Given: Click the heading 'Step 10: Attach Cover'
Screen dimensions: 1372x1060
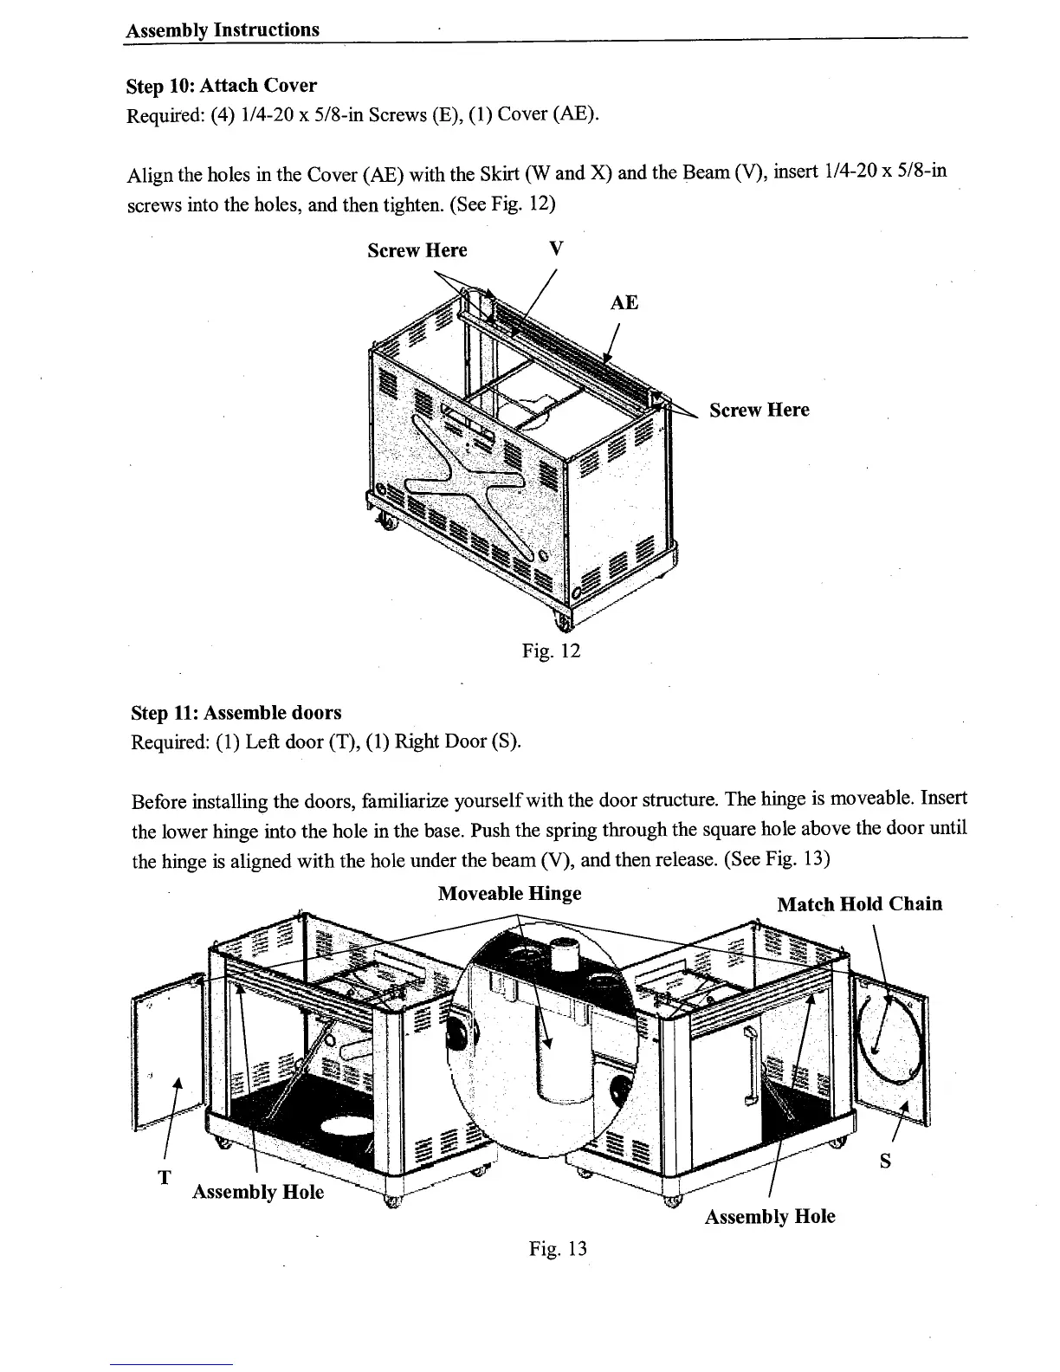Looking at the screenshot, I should point(222,86).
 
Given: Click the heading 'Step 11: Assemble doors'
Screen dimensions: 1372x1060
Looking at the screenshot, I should point(236,713).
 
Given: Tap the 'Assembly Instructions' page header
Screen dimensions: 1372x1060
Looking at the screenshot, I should point(223,30).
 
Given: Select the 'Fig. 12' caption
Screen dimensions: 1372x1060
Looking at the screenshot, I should point(551,650).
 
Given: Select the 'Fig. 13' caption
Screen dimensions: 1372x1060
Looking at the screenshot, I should point(559,1248).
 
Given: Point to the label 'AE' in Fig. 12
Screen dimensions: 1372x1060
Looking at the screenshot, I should point(624,302).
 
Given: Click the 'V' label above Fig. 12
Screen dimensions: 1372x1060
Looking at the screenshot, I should point(557,249).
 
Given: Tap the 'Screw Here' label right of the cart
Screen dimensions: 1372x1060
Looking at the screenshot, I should point(759,410).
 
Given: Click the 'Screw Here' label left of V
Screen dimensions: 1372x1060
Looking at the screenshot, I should point(417,250).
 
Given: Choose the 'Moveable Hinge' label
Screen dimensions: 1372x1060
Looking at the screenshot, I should point(509,893).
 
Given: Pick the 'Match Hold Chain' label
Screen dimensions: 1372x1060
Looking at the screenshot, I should point(860,904).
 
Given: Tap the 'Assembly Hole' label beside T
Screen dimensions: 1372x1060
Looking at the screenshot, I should point(258,1192).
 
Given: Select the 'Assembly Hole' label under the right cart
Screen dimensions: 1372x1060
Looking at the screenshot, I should point(770,1216).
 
